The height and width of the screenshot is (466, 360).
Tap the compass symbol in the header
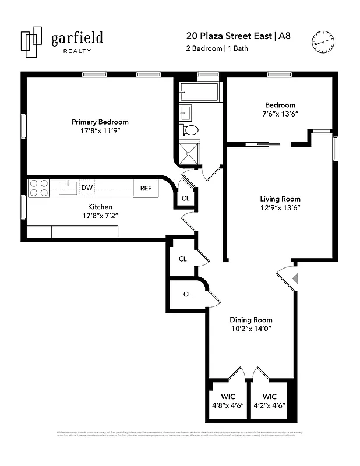pyautogui.click(x=324, y=43)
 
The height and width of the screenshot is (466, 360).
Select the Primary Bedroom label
pyautogui.click(x=100, y=122)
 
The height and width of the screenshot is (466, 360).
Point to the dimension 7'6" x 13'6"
pyautogui.click(x=280, y=115)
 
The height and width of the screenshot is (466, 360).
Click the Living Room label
pyautogui.click(x=280, y=199)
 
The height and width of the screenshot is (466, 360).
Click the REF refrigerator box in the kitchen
pyautogui.click(x=146, y=188)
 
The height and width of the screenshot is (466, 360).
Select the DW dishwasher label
pyautogui.click(x=87, y=188)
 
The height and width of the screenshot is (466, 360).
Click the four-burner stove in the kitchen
pyautogui.click(x=39, y=188)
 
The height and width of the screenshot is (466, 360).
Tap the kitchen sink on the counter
pyautogui.click(x=68, y=187)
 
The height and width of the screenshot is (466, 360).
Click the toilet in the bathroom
pyautogui.click(x=190, y=129)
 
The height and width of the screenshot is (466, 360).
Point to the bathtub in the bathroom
pyautogui.click(x=198, y=92)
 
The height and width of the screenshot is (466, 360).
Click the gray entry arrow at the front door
pyautogui.click(x=295, y=278)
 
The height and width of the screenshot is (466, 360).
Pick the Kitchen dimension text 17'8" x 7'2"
pyautogui.click(x=100, y=216)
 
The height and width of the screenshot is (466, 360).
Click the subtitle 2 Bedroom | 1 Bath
pyautogui.click(x=217, y=48)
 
